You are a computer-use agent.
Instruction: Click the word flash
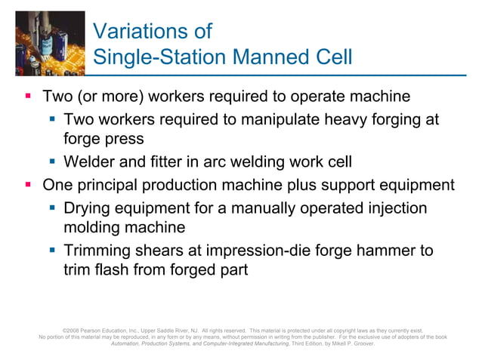click(108, 269)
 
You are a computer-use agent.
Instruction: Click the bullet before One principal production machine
click(28, 185)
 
